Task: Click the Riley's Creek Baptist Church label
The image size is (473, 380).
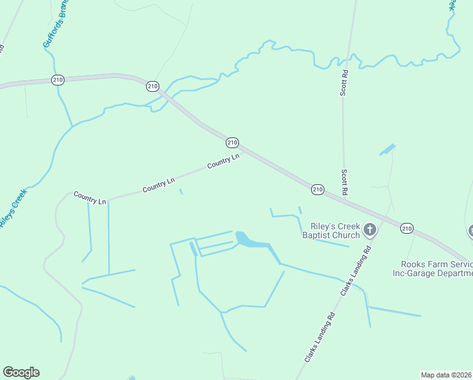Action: pyautogui.click(x=335, y=231)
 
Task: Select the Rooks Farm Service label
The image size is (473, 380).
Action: pyautogui.click(x=436, y=264)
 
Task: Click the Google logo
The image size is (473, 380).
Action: pyautogui.click(x=21, y=372)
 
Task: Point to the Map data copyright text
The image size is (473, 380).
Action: pyautogui.click(x=446, y=375)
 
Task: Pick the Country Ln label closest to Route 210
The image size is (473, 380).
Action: pyautogui.click(x=223, y=161)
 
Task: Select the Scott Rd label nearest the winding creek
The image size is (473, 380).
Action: pyautogui.click(x=345, y=82)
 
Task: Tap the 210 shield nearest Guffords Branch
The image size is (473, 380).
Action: pyautogui.click(x=58, y=80)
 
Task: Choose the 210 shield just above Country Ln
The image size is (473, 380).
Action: pyautogui.click(x=232, y=142)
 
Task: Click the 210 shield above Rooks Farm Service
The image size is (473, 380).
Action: pyautogui.click(x=407, y=228)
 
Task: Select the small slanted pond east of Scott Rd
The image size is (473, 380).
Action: pyautogui.click(x=387, y=150)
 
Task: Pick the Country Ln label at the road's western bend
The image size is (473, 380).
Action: pyautogui.click(x=89, y=197)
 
